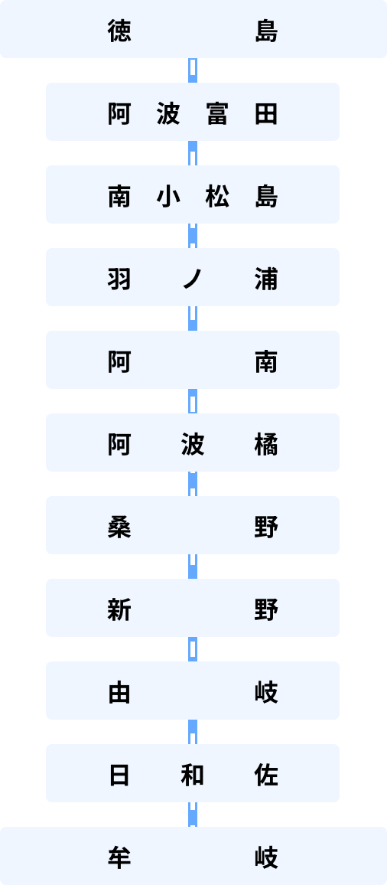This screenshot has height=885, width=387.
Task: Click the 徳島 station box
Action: [x=193, y=29]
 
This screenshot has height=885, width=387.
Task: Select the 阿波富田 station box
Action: [x=193, y=112]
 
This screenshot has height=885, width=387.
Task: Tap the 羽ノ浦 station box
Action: [x=193, y=277]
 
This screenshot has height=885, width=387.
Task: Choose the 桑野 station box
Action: [x=193, y=525]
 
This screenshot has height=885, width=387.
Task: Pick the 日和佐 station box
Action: [x=193, y=772]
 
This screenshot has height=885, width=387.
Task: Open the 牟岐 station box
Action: [x=193, y=856]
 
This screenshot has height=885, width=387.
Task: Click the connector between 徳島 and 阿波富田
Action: [x=193, y=70]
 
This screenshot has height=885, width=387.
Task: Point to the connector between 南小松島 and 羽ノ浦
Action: [x=193, y=236]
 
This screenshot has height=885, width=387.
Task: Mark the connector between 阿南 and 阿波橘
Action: [x=193, y=401]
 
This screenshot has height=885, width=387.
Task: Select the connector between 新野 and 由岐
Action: [x=193, y=649]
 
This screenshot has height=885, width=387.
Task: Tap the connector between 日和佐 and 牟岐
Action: [x=193, y=815]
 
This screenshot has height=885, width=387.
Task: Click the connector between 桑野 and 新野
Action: [x=193, y=566]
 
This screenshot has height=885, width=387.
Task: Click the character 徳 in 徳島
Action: [x=119, y=31]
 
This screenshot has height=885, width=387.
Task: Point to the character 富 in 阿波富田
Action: [x=216, y=114]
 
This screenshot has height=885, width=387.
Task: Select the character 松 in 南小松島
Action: [x=216, y=197]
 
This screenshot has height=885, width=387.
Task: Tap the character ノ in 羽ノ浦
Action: [x=193, y=279]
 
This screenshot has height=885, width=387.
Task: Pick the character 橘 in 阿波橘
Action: [x=265, y=445]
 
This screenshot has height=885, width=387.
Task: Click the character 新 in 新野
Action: [x=119, y=610]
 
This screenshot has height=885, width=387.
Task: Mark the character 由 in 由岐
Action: [x=119, y=693]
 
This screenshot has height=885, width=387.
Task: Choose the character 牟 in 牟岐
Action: [x=119, y=858]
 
